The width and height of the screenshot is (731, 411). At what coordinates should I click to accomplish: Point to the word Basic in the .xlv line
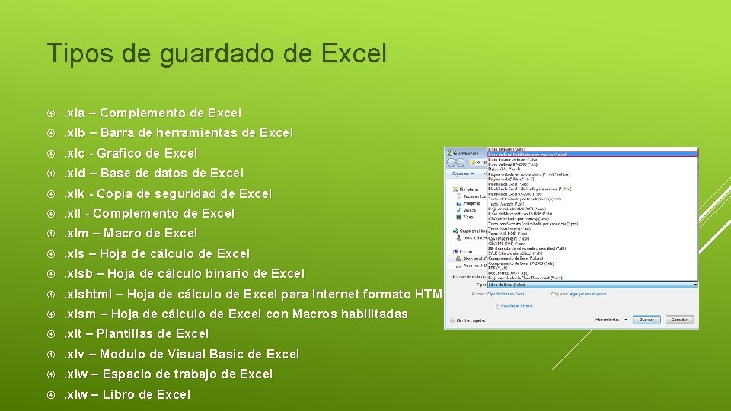pos(226,355)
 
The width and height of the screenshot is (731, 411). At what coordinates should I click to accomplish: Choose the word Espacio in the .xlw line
pos(126,374)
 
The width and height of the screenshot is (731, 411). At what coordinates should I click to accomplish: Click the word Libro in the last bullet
pos(120,395)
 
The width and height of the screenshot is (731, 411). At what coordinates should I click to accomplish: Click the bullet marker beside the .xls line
pos(50,254)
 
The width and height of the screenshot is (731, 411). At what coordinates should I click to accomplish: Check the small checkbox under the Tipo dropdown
pos(498,307)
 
